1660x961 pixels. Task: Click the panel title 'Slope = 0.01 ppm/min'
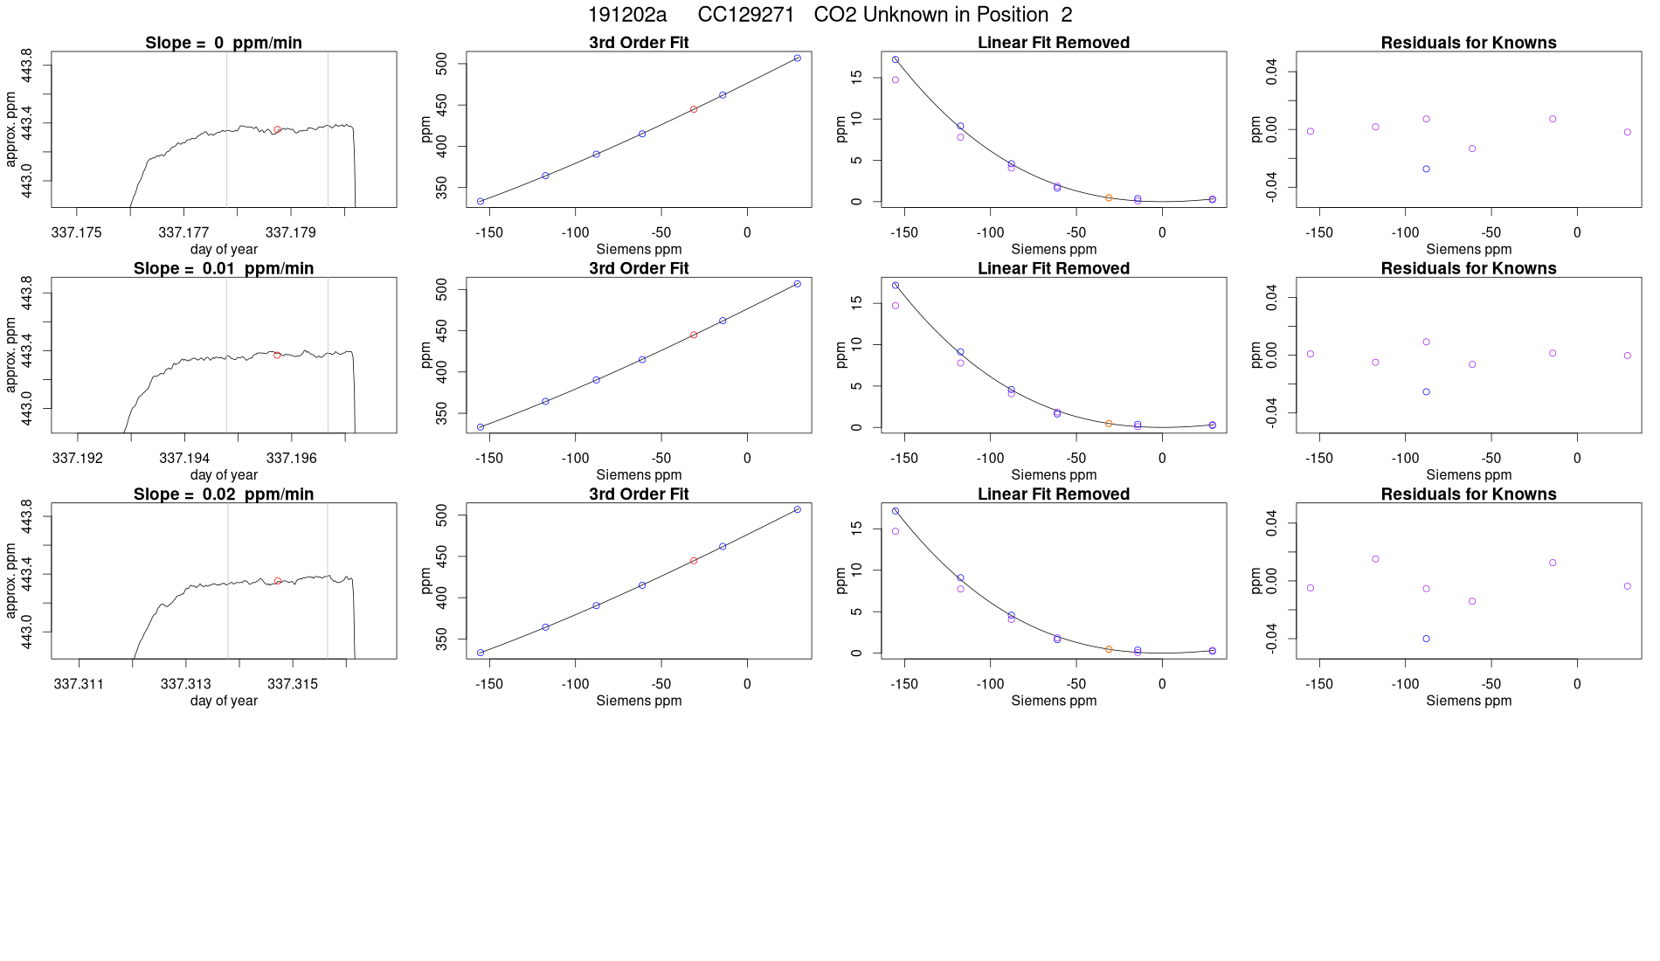coord(224,268)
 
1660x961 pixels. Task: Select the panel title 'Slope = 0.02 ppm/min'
coord(224,494)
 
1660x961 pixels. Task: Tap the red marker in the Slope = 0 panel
coord(277,129)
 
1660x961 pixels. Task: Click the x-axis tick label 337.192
coord(78,458)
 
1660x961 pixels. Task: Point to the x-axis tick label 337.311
coord(79,683)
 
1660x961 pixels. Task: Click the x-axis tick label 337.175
coord(77,232)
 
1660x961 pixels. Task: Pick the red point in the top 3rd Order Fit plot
coord(694,109)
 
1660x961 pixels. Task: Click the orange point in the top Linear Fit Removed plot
coord(1109,198)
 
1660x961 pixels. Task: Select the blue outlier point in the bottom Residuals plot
coord(1426,639)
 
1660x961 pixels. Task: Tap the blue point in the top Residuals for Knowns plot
coord(1426,169)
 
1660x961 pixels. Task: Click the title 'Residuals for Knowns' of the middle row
coord(1468,268)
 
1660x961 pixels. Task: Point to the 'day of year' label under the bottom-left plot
coord(224,701)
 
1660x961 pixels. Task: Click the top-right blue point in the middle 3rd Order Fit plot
coord(797,284)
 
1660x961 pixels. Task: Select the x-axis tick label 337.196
coord(292,458)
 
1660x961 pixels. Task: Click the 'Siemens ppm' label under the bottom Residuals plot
coord(1468,701)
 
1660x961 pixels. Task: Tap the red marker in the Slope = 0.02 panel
coord(278,581)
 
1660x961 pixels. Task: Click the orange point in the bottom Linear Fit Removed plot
coord(1109,649)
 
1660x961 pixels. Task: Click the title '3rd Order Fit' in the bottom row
coord(639,494)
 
